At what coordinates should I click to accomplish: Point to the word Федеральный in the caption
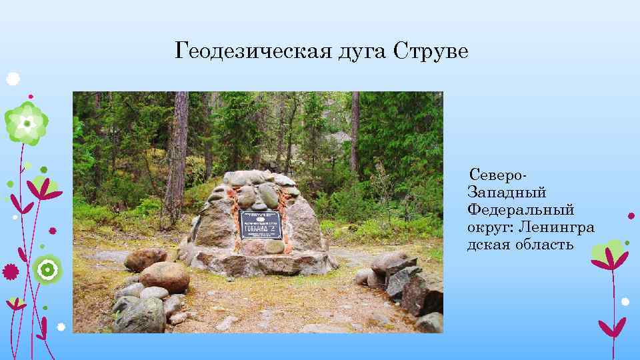coord(521,210)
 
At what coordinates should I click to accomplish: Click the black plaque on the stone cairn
coord(261,225)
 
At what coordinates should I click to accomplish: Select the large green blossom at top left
coord(26,123)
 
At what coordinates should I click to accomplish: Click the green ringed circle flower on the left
coord(47,270)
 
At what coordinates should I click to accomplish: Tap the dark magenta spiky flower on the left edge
coord(10,271)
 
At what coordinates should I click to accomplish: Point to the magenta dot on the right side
coord(631,215)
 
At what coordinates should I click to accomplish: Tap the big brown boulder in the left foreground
coord(164,276)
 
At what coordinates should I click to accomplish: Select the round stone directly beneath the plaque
coord(273,246)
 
